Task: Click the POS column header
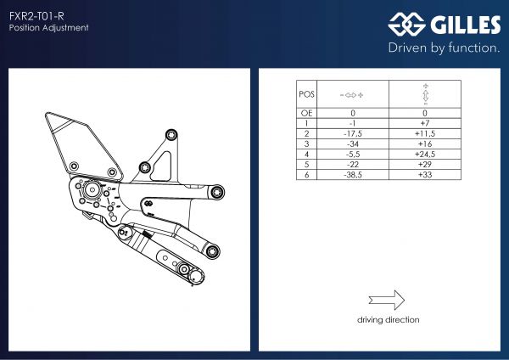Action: tap(306, 94)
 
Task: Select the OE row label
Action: tap(306, 113)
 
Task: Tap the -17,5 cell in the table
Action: tap(353, 133)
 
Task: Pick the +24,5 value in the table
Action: tap(424, 155)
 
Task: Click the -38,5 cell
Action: tap(353, 175)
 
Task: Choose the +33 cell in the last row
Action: tap(424, 175)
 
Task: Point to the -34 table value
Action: tap(353, 144)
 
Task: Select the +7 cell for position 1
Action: tap(424, 123)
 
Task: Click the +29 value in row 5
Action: tap(424, 165)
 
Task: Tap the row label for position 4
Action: tap(306, 155)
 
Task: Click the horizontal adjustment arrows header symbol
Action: tap(353, 94)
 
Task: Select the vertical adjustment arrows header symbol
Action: tap(424, 94)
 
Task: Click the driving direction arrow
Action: tap(388, 300)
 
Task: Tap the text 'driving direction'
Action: tap(388, 320)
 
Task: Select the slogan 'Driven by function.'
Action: tap(444, 48)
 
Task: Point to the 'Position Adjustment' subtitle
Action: tap(49, 28)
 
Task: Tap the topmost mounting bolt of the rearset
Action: tap(172, 134)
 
